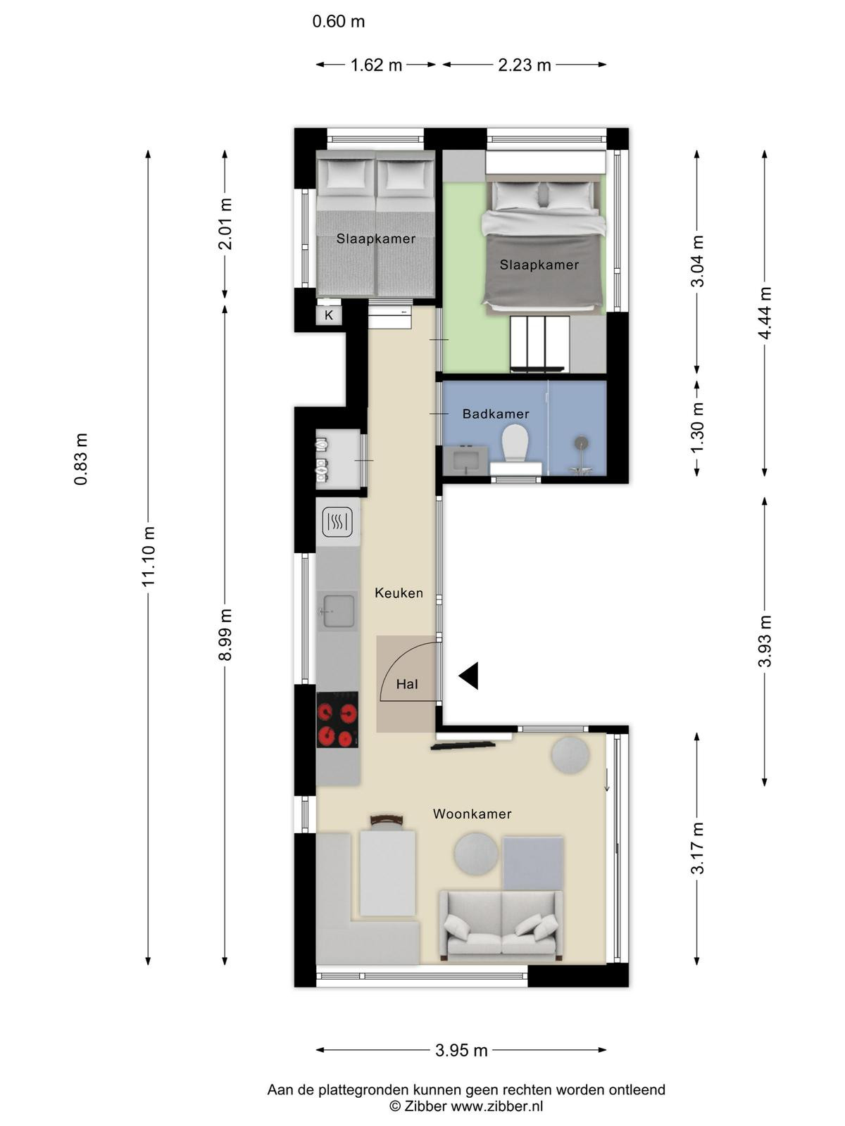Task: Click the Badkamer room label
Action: coord(495,414)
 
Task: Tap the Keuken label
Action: coord(399,593)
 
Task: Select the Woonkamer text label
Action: coord(472,814)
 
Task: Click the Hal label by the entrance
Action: coord(407,684)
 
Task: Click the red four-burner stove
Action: coord(337,719)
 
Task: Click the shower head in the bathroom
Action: coord(581,443)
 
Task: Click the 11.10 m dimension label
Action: coord(149,556)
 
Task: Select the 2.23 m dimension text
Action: coord(525,65)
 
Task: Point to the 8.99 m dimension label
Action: coord(225,635)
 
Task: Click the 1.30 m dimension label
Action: coord(696,428)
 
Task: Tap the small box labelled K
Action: coord(329,315)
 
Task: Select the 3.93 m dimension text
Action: coord(765,640)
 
